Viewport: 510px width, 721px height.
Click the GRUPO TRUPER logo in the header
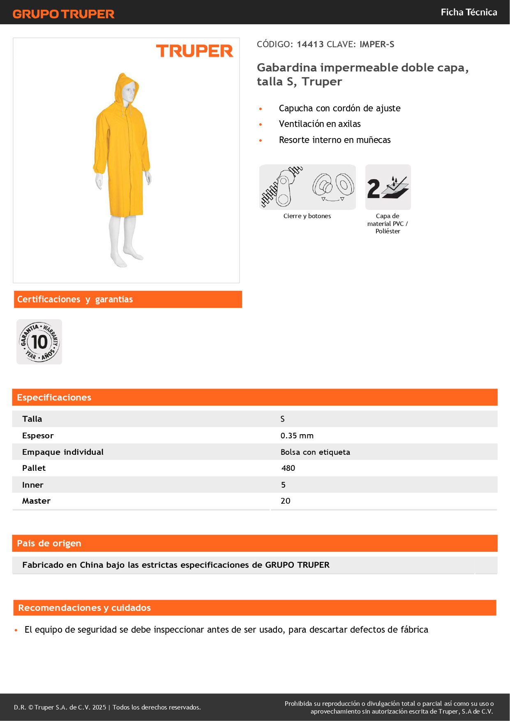63,14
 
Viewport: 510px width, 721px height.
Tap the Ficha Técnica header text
468,12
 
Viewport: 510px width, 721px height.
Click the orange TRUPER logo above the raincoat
194,51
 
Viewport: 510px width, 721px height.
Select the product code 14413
310,44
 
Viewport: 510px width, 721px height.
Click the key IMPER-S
377,44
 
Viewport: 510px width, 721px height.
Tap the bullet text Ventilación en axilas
320,124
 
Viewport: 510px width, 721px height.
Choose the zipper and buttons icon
307,187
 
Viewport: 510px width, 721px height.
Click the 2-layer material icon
388,187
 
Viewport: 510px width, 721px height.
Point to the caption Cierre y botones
307,216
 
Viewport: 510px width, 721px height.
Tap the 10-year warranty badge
39,342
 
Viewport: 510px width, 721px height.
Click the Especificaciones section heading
54,397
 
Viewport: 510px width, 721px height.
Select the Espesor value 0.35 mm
297,435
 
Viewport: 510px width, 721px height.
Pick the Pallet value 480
288,468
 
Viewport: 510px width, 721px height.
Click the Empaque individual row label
63,452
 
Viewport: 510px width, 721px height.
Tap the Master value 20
285,501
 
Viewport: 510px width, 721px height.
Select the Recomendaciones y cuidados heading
84,608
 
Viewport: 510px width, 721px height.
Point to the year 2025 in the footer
99,707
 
